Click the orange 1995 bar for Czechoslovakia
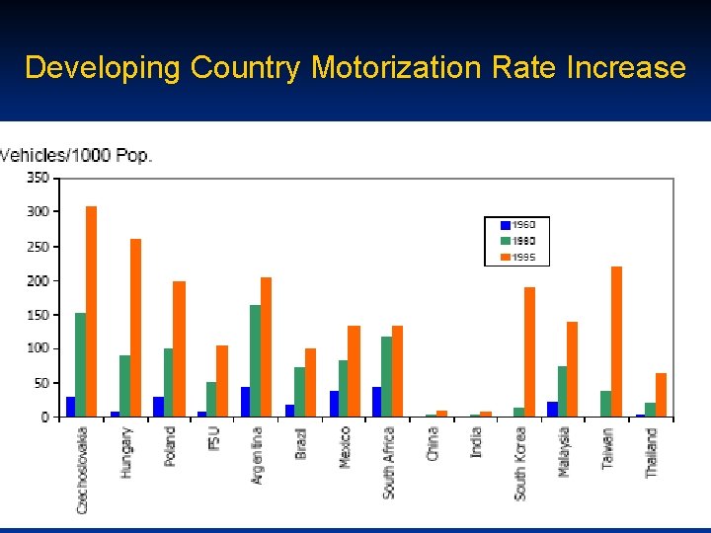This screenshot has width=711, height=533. pos(91,311)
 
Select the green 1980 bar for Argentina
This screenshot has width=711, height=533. pos(255,360)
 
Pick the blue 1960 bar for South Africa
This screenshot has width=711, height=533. pos(376,402)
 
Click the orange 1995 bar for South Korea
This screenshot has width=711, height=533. pos(529,351)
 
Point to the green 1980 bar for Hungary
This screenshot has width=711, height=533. pos(124,386)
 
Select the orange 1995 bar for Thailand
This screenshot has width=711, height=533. pos(661,395)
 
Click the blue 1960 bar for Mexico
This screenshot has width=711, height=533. pos(334,404)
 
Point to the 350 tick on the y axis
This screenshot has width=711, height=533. pos(38,178)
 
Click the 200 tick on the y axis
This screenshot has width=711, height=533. pos(38,280)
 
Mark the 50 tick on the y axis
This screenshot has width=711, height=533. pos(39,383)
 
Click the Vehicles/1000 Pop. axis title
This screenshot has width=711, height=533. pos(76,155)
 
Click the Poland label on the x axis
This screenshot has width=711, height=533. pos(170,446)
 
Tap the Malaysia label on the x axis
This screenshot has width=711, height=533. pos(564,451)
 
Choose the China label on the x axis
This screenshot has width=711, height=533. pos(433,444)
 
